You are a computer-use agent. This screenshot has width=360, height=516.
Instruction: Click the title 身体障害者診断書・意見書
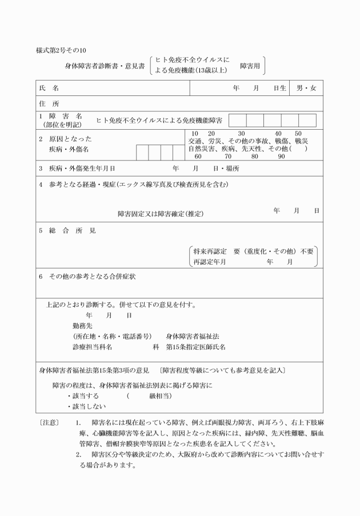click(x=105, y=66)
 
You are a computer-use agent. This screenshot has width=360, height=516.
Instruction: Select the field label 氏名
click(x=49, y=89)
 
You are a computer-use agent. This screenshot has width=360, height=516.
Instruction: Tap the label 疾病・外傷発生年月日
click(x=82, y=169)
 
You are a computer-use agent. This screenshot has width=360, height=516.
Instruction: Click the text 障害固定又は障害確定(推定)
click(x=161, y=214)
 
